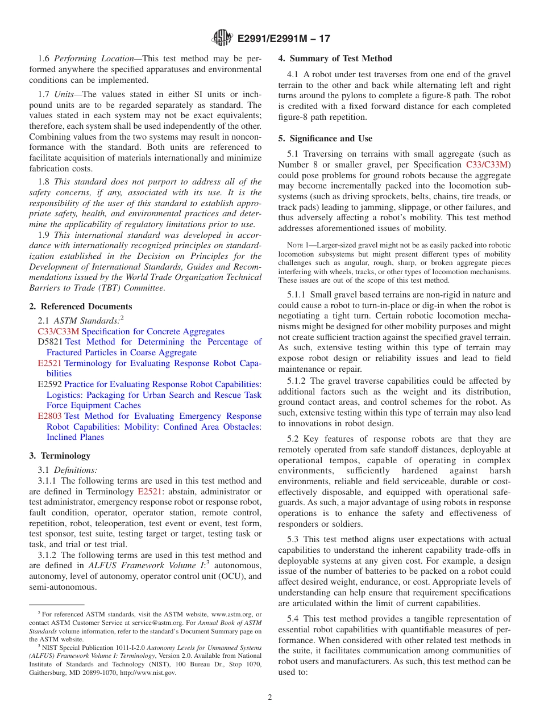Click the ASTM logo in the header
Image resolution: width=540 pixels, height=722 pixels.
point(222,38)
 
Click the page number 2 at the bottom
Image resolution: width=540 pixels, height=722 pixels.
point(270,697)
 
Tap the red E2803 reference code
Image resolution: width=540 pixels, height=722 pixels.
point(49,417)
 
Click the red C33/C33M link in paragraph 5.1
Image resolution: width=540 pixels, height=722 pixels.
point(487,165)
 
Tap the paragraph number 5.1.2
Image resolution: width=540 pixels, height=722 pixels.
point(298,381)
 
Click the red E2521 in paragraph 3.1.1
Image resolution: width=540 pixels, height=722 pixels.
point(150,492)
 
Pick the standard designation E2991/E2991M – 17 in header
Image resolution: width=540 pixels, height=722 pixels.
point(283,39)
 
